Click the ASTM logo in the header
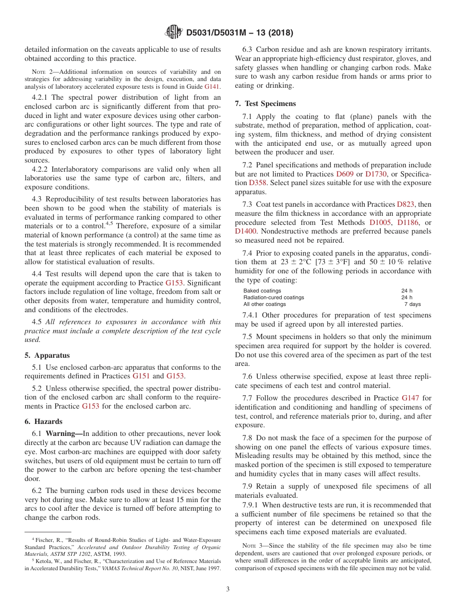tap(173, 32)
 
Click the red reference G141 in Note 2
tap(212, 87)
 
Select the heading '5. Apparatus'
tap(47, 355)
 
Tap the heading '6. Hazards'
tap(44, 422)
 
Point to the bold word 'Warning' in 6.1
tap(64, 434)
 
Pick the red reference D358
tap(258, 183)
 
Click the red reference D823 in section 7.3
tap(406, 204)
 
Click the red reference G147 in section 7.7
tap(410, 398)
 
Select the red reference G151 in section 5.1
tap(141, 376)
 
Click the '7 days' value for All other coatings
tap(412, 304)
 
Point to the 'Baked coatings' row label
tap(262, 291)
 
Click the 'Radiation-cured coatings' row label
tap(274, 297)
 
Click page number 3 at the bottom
tap(228, 589)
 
